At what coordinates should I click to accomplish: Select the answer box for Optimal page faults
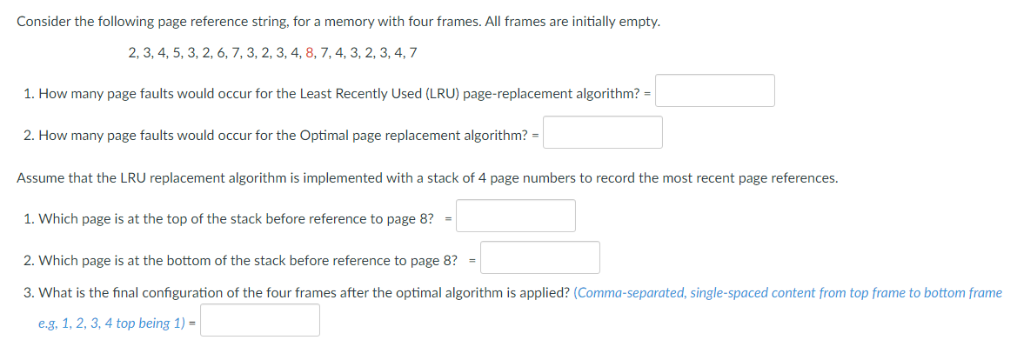(x=603, y=133)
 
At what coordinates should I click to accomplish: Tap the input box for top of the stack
(x=516, y=217)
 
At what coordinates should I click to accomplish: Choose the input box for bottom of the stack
(x=540, y=258)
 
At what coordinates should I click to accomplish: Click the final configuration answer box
(x=260, y=321)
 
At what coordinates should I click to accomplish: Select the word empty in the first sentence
(x=639, y=21)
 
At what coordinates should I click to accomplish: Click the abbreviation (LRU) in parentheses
(x=443, y=94)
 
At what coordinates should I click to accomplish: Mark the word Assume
(x=40, y=178)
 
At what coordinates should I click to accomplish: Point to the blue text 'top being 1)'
(x=151, y=323)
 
